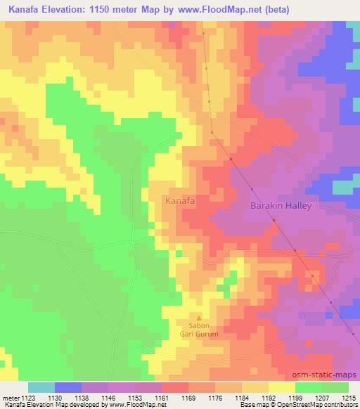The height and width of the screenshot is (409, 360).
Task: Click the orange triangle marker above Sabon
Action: [198, 317]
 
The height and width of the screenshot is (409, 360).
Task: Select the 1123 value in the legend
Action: [29, 398]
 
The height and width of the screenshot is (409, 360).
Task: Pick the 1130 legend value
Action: [56, 398]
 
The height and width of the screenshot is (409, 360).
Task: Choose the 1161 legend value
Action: [162, 398]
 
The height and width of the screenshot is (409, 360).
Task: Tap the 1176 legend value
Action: [216, 398]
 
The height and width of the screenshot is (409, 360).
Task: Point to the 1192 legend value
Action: [269, 398]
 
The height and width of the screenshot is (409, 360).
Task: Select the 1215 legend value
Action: [348, 398]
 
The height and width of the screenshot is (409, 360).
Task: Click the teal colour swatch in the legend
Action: [41, 387]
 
